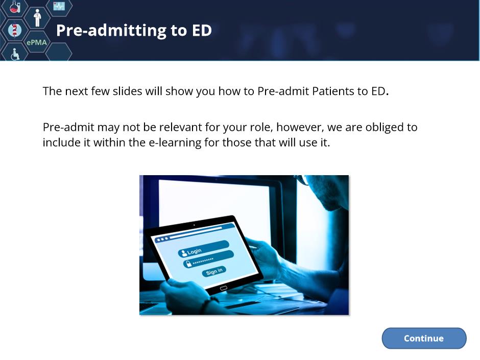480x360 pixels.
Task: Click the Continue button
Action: coord(424,338)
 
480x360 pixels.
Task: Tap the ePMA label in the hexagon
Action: coord(37,42)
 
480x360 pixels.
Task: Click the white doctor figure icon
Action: coord(37,18)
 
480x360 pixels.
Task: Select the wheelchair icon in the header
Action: coord(15,54)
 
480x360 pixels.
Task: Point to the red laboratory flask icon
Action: coord(15,7)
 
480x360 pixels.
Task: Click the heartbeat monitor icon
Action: coord(59,6)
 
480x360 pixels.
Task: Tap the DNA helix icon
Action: coord(14,30)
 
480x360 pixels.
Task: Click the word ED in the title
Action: coord(202,30)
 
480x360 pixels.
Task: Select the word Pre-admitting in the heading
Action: coord(111,30)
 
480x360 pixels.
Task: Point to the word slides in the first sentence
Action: coord(127,91)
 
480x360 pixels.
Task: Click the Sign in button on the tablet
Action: coord(214,271)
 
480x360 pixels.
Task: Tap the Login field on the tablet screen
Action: coord(203,249)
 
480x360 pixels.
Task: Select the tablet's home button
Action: coord(224,288)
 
